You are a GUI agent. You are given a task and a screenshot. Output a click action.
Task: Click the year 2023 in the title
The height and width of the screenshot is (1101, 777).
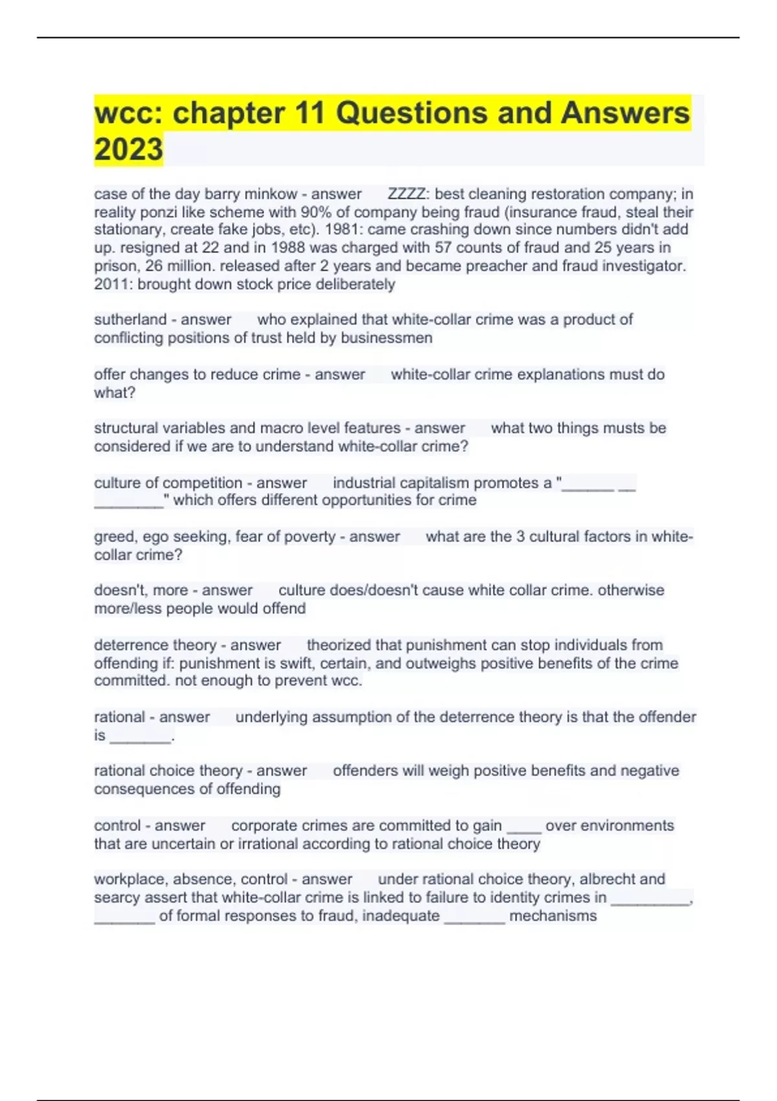pos(128,149)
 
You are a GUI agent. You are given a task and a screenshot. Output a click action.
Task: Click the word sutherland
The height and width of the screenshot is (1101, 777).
pos(130,319)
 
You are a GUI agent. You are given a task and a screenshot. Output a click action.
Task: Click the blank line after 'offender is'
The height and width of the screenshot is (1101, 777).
pos(141,736)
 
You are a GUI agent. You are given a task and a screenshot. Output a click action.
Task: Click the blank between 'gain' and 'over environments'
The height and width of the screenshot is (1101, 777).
pos(524,827)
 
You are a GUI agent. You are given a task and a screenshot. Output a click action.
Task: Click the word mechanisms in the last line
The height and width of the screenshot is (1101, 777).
pos(553,916)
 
